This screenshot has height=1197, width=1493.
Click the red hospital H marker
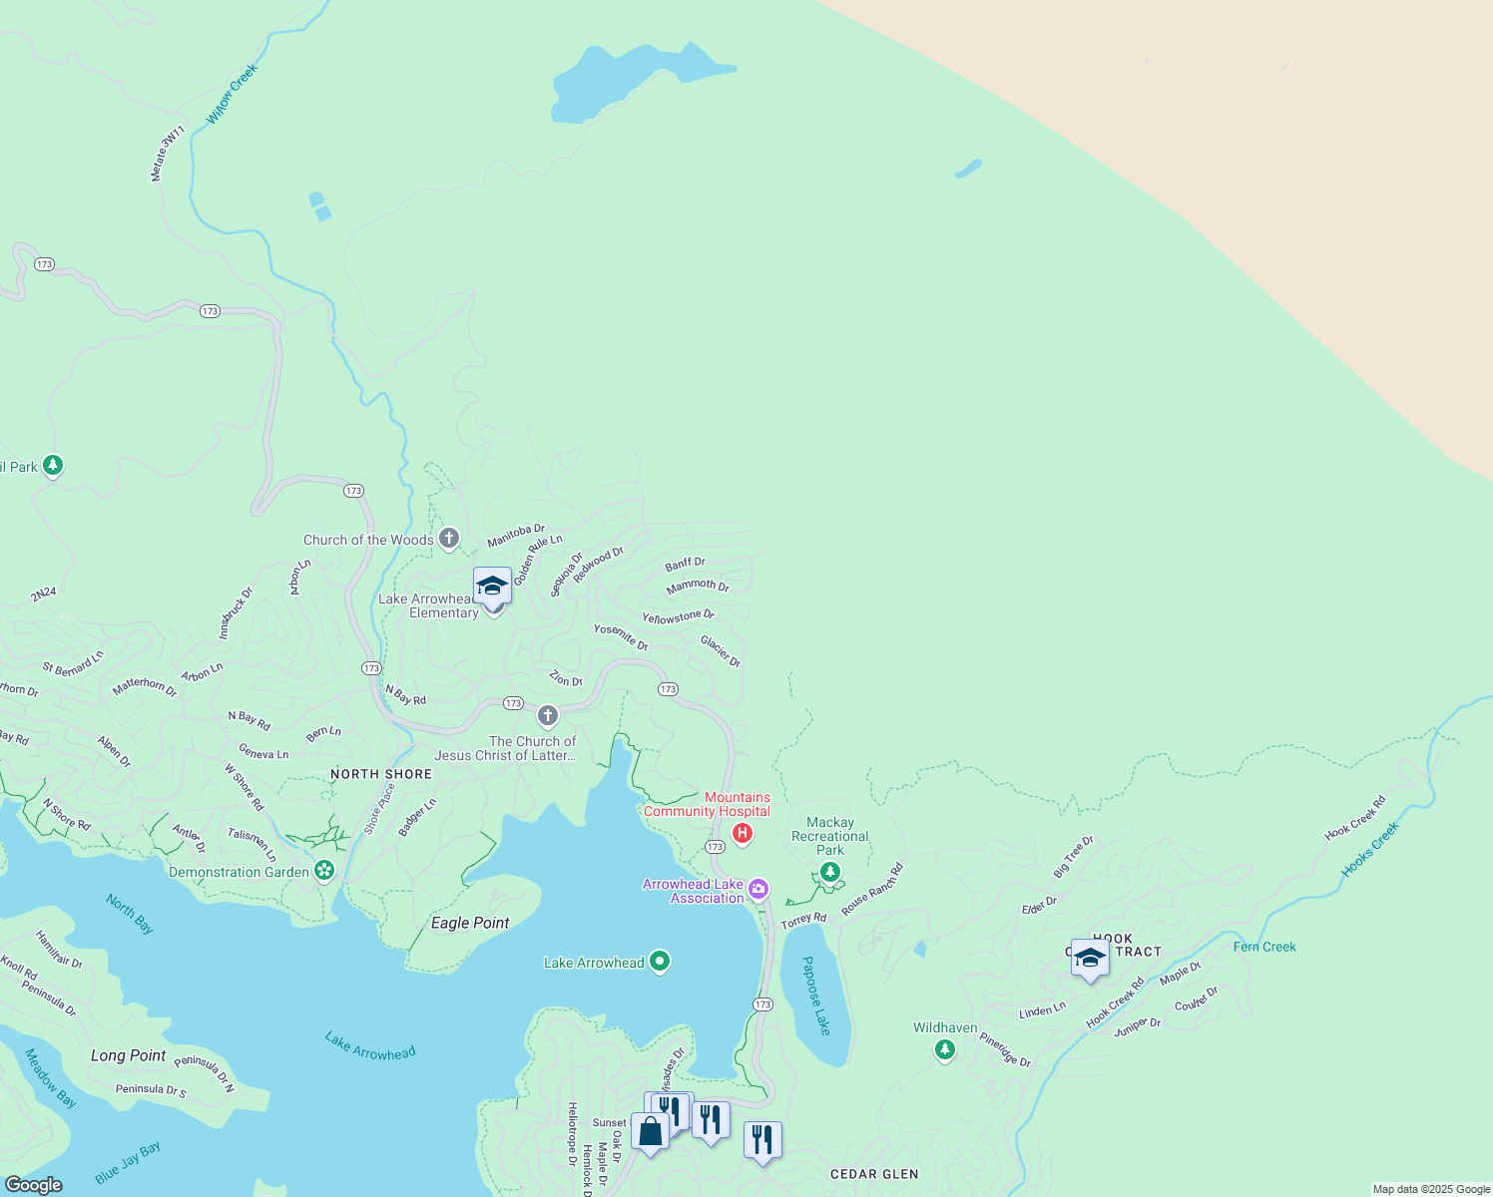(x=742, y=833)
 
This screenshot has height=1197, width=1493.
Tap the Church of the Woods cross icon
(x=449, y=540)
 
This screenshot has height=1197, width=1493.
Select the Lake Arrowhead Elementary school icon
(x=492, y=587)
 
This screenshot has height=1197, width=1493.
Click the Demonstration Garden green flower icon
(x=323, y=871)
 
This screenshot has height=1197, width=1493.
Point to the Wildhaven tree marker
(x=944, y=1049)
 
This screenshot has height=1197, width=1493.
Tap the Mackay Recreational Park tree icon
(x=830, y=873)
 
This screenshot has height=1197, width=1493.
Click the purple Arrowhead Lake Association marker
(x=758, y=889)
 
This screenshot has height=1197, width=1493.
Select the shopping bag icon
(x=651, y=1132)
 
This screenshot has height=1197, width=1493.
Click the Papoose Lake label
(x=816, y=996)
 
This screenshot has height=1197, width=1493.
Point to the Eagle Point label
(x=470, y=923)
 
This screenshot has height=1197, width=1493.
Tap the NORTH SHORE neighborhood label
(x=381, y=774)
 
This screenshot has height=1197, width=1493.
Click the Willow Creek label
(x=232, y=94)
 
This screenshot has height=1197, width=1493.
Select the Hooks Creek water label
(x=1370, y=849)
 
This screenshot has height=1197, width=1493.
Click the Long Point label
(x=129, y=1055)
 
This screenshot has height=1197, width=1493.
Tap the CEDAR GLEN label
(x=874, y=1174)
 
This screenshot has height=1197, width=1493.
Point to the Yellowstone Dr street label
(x=678, y=617)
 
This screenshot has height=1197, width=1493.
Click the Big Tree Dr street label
(x=1073, y=857)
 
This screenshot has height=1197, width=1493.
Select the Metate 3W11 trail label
(x=168, y=154)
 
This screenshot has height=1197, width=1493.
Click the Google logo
(x=33, y=1185)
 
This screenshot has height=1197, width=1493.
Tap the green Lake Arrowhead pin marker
(x=659, y=962)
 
